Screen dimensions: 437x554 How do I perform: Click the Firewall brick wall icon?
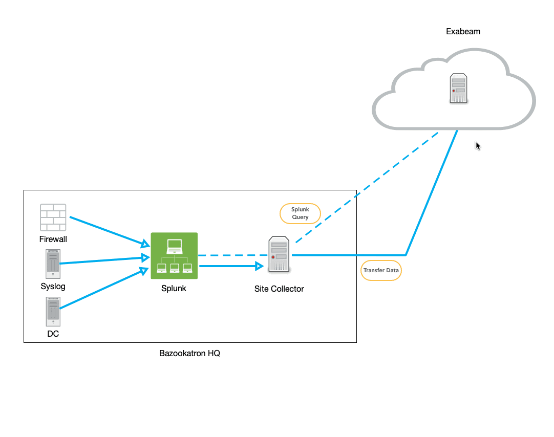(53, 217)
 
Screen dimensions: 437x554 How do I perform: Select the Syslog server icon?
(53, 264)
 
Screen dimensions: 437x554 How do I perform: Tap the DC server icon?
(53, 312)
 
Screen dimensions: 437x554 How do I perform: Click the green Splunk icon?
(174, 256)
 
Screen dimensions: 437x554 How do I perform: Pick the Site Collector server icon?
(279, 254)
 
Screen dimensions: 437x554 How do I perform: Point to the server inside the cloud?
(458, 89)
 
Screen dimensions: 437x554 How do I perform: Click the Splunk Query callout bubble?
(300, 213)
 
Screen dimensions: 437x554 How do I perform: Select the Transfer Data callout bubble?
(381, 270)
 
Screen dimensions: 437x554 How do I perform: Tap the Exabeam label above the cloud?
(463, 32)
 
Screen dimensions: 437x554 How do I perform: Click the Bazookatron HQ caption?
(189, 353)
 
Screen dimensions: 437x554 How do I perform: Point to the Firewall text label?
(53, 239)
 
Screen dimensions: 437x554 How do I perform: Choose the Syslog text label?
(53, 286)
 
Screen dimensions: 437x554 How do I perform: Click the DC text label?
(53, 334)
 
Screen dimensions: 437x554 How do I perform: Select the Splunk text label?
(174, 288)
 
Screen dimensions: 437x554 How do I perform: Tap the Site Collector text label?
(279, 289)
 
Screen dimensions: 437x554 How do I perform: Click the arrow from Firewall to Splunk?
(108, 231)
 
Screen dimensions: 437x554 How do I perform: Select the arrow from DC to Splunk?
(102, 289)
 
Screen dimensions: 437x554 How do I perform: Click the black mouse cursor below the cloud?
(478, 146)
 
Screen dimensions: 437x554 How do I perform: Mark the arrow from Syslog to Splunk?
(102, 261)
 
